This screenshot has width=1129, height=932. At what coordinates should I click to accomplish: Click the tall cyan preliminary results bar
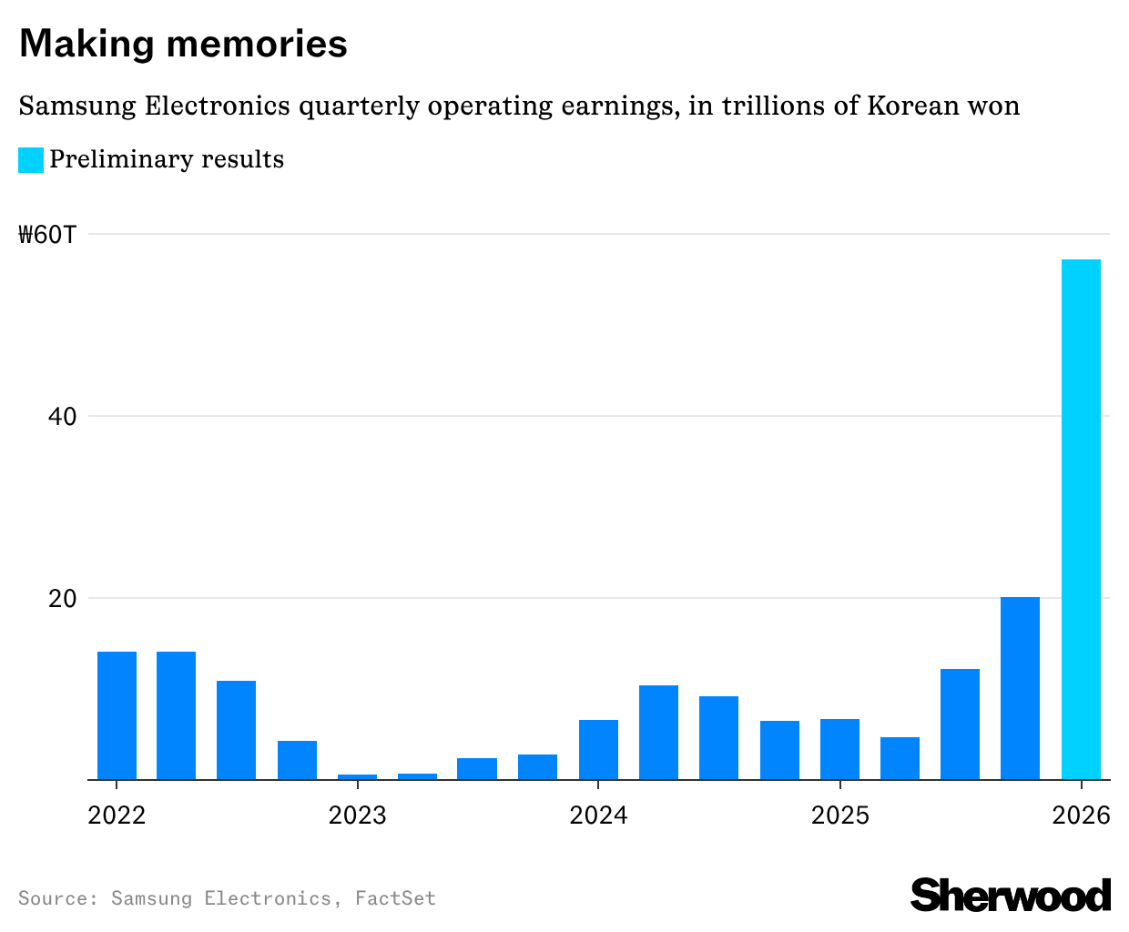click(1081, 519)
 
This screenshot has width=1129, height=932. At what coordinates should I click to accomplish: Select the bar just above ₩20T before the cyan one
click(1020, 688)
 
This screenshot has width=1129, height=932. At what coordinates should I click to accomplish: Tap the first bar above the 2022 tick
click(117, 715)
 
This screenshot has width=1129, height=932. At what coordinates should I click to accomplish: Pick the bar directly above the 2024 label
click(598, 749)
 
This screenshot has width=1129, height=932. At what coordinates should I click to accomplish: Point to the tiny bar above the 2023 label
click(357, 776)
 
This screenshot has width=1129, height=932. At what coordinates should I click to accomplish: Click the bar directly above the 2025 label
click(839, 749)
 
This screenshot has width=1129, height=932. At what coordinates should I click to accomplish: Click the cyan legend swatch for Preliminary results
click(31, 160)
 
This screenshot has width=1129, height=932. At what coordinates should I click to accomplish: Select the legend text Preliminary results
click(167, 159)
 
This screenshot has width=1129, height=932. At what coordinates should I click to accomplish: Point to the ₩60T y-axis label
click(48, 235)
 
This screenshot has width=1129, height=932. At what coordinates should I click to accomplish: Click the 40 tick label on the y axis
click(63, 417)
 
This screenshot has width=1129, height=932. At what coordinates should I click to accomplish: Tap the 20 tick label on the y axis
click(63, 599)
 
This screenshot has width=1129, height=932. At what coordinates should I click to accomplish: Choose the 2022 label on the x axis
click(117, 815)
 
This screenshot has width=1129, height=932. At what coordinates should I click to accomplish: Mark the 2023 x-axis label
click(358, 815)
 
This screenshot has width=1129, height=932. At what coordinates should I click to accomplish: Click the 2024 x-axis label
click(598, 815)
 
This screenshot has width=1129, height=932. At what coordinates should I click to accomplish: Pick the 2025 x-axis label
click(839, 815)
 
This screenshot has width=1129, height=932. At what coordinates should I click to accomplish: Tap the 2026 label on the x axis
click(1081, 815)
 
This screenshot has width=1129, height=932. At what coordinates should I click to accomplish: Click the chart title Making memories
click(183, 44)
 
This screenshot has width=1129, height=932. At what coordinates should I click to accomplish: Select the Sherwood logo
click(1011, 895)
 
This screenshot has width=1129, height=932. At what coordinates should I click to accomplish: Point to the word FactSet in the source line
click(395, 898)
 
